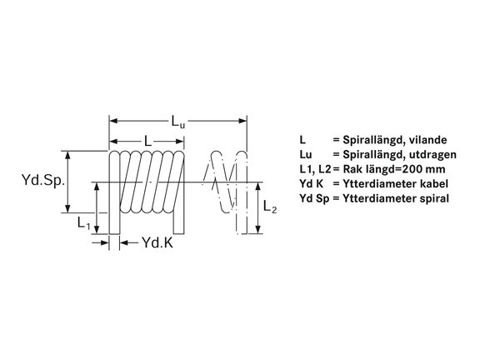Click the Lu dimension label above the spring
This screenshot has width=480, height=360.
pyautogui.click(x=178, y=121)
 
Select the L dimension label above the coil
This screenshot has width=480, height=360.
pyautogui.click(x=147, y=141)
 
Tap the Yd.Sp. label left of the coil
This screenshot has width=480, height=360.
pyautogui.click(x=43, y=180)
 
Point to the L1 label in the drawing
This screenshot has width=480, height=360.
pyautogui.click(x=83, y=222)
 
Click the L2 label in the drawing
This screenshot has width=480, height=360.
pyautogui.click(x=270, y=207)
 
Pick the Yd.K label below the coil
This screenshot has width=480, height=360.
pyautogui.click(x=157, y=242)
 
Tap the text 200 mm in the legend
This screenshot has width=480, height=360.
pyautogui.click(x=423, y=169)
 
